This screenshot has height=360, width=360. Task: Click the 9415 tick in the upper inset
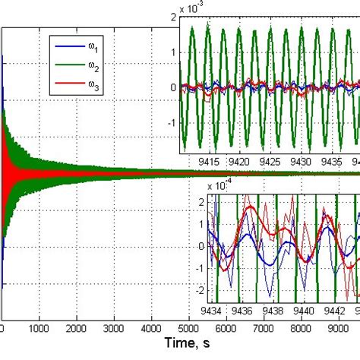tap(208, 163)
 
